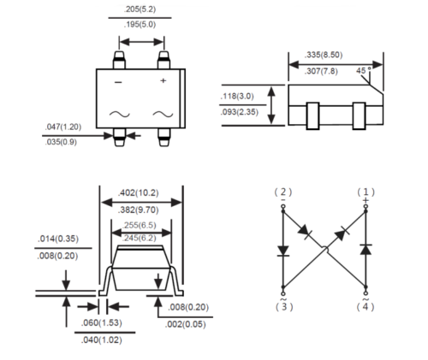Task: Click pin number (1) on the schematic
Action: (366, 192)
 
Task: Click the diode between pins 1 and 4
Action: (366, 250)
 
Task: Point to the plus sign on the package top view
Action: (162, 81)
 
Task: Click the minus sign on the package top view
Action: (118, 81)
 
